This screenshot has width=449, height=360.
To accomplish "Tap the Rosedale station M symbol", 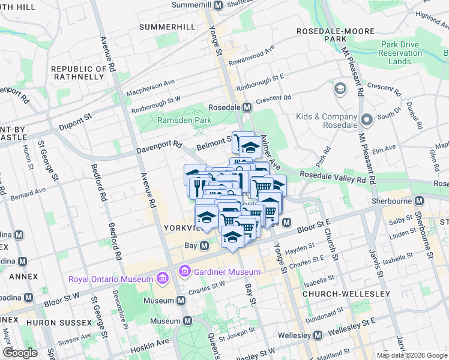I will pos(247,107).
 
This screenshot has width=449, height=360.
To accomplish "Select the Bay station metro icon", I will pos(205,246).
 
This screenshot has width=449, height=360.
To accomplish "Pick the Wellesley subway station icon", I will pos(318,335).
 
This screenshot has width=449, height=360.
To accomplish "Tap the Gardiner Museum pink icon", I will pos(184,272).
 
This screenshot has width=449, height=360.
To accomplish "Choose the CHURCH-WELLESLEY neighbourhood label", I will pos(346,294).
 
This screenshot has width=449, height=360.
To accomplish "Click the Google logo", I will pos(20,353).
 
